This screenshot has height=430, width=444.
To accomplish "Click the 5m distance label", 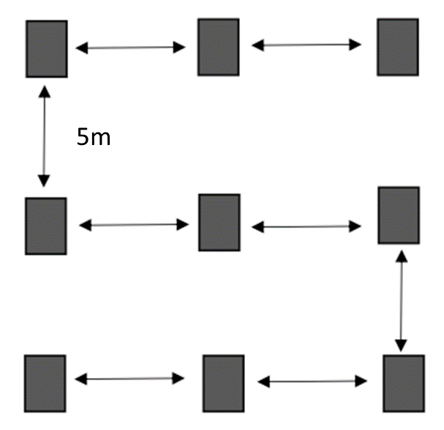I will pyautogui.click(x=94, y=136).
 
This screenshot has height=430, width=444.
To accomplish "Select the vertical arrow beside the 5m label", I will pyautogui.click(x=45, y=136).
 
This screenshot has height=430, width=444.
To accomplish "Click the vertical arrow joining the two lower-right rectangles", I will pyautogui.click(x=400, y=300).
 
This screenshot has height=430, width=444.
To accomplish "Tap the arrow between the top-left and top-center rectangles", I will pyautogui.click(x=131, y=48).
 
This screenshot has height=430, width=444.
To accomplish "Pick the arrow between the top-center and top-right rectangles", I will pyautogui.click(x=306, y=45).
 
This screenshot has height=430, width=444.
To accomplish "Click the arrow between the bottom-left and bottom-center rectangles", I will pyautogui.click(x=130, y=379).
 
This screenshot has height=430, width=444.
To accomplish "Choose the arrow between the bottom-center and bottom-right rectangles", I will pyautogui.click(x=313, y=381).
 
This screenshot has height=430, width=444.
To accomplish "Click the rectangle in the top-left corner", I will pyautogui.click(x=47, y=48).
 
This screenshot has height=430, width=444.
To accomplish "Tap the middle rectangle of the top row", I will pyautogui.click(x=218, y=47).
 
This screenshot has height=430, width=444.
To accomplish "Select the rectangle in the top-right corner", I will pyautogui.click(x=397, y=47).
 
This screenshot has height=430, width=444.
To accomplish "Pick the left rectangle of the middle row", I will pyautogui.click(x=46, y=226).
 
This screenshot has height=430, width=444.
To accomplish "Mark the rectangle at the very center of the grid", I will pyautogui.click(x=219, y=222).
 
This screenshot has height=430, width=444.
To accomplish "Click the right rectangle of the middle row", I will pyautogui.click(x=399, y=215).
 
